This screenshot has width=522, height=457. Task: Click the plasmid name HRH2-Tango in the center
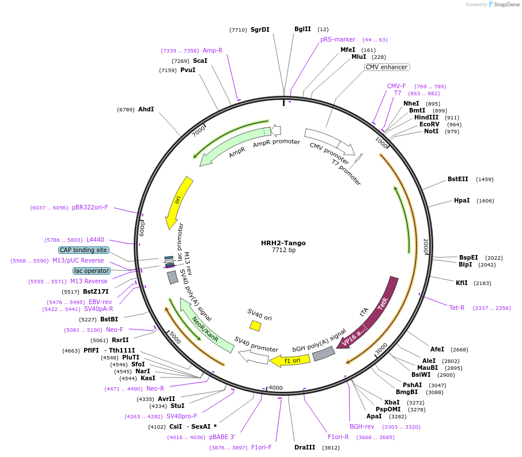click(x=283, y=243)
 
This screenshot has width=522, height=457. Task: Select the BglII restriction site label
click(x=302, y=29)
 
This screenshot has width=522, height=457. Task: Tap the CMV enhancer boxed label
click(x=387, y=67)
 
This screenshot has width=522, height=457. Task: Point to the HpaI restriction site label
click(x=462, y=200)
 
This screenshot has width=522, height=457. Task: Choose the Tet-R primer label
click(x=457, y=308)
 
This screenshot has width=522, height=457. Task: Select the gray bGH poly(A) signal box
click(x=324, y=353)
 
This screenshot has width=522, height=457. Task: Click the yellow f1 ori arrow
click(x=290, y=360)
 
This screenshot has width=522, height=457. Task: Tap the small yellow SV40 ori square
click(x=255, y=326)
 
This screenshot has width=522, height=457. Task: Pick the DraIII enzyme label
click(x=304, y=447)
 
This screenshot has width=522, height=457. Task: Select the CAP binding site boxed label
click(x=83, y=250)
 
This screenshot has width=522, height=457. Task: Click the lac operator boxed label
click(x=91, y=271)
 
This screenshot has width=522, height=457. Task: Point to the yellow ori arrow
click(x=179, y=202)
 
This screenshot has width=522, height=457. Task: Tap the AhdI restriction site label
click(x=146, y=109)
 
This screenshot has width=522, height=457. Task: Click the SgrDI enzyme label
click(x=260, y=29)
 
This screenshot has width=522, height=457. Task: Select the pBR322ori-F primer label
click(x=90, y=207)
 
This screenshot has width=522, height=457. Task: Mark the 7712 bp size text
click(x=283, y=250)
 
